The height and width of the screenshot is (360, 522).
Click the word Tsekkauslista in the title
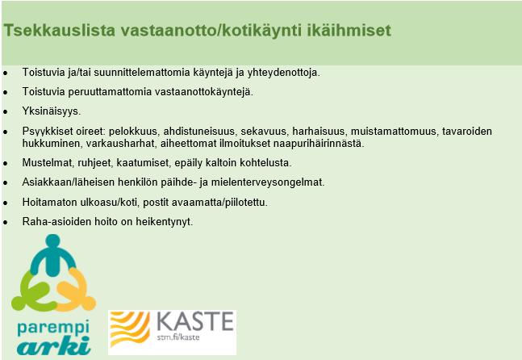(x=59, y=31)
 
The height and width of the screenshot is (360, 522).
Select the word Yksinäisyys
(x=52, y=111)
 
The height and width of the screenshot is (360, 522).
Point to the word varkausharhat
(x=122, y=144)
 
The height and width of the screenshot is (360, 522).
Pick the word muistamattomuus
(x=394, y=132)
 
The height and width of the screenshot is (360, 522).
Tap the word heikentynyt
(x=164, y=222)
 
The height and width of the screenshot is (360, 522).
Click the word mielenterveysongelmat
(x=268, y=182)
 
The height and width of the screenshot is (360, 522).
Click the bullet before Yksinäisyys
(x=6, y=112)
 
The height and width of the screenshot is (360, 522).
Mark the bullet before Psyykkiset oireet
(x=6, y=132)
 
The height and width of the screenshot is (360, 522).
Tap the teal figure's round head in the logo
(x=53, y=241)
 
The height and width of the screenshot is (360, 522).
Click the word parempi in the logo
(x=53, y=329)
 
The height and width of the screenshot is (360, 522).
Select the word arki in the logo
(x=54, y=345)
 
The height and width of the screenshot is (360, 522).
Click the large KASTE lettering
(x=194, y=321)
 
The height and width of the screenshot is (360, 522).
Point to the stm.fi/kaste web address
(x=178, y=337)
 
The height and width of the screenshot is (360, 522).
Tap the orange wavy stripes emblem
(x=130, y=329)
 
